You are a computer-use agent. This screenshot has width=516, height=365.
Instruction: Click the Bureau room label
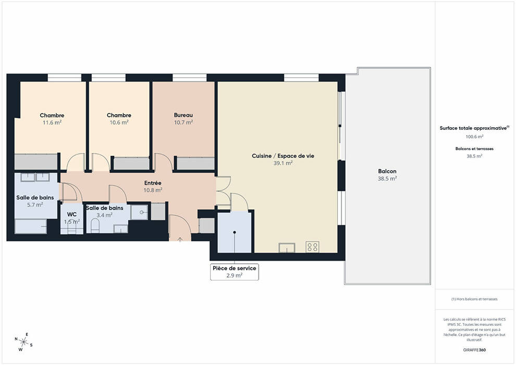(x=183, y=115)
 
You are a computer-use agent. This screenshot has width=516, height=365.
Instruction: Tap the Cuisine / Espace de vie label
(x=283, y=156)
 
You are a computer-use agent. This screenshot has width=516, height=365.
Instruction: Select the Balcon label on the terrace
(x=387, y=171)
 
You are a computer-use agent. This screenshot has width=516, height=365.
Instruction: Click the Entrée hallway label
(x=153, y=183)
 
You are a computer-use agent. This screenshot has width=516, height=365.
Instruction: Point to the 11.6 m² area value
(x=52, y=123)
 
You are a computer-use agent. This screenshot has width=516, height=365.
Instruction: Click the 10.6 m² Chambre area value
(x=119, y=123)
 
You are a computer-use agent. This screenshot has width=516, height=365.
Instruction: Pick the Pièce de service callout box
(x=235, y=272)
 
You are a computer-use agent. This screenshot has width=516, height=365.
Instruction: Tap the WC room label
(x=72, y=214)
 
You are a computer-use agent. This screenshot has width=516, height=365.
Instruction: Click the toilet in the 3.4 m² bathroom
(x=95, y=226)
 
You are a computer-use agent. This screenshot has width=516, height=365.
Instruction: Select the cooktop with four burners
(x=312, y=247)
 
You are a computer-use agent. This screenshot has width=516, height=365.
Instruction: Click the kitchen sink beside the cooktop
(x=287, y=248)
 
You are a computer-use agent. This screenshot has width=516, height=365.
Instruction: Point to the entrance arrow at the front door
(x=180, y=239)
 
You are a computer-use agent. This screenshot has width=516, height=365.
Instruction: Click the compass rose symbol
(x=23, y=342)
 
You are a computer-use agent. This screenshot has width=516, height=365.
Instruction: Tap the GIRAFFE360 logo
(x=474, y=350)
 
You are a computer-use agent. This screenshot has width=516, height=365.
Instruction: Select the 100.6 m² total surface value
(x=474, y=137)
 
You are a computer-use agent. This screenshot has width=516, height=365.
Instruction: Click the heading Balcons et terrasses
(x=474, y=149)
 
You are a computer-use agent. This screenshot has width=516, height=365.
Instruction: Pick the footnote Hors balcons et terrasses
(x=474, y=299)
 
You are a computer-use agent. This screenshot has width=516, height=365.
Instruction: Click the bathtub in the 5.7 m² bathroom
(x=31, y=226)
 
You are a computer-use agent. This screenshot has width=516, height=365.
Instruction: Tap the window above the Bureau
(x=190, y=78)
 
